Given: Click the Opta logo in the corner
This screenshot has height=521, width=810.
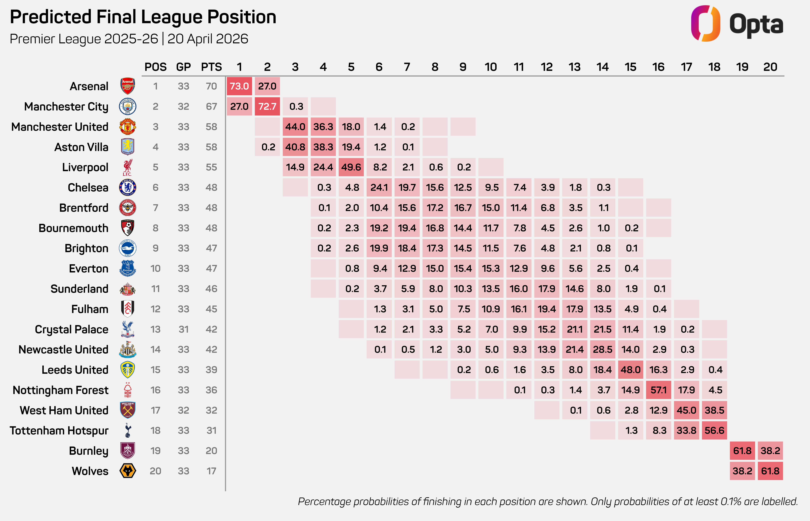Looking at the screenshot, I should click(x=737, y=24).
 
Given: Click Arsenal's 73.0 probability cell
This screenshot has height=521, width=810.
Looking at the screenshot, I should click(x=239, y=86).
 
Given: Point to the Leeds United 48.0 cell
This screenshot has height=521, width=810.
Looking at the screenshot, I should click(x=630, y=370).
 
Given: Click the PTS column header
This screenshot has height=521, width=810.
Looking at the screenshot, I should click(x=211, y=67).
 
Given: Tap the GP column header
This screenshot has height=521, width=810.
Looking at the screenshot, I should click(x=183, y=67).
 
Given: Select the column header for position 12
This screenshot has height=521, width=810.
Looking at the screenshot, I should click(x=547, y=67).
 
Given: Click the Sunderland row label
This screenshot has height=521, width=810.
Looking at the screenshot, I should click(x=79, y=289).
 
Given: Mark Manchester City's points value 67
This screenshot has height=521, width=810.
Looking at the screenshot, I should click(x=211, y=107).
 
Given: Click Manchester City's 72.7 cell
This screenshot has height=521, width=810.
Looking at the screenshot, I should click(x=267, y=107).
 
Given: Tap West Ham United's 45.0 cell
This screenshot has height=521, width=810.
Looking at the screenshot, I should click(x=686, y=410).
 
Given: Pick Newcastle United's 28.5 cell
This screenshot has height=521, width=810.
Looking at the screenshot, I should click(x=602, y=349).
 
